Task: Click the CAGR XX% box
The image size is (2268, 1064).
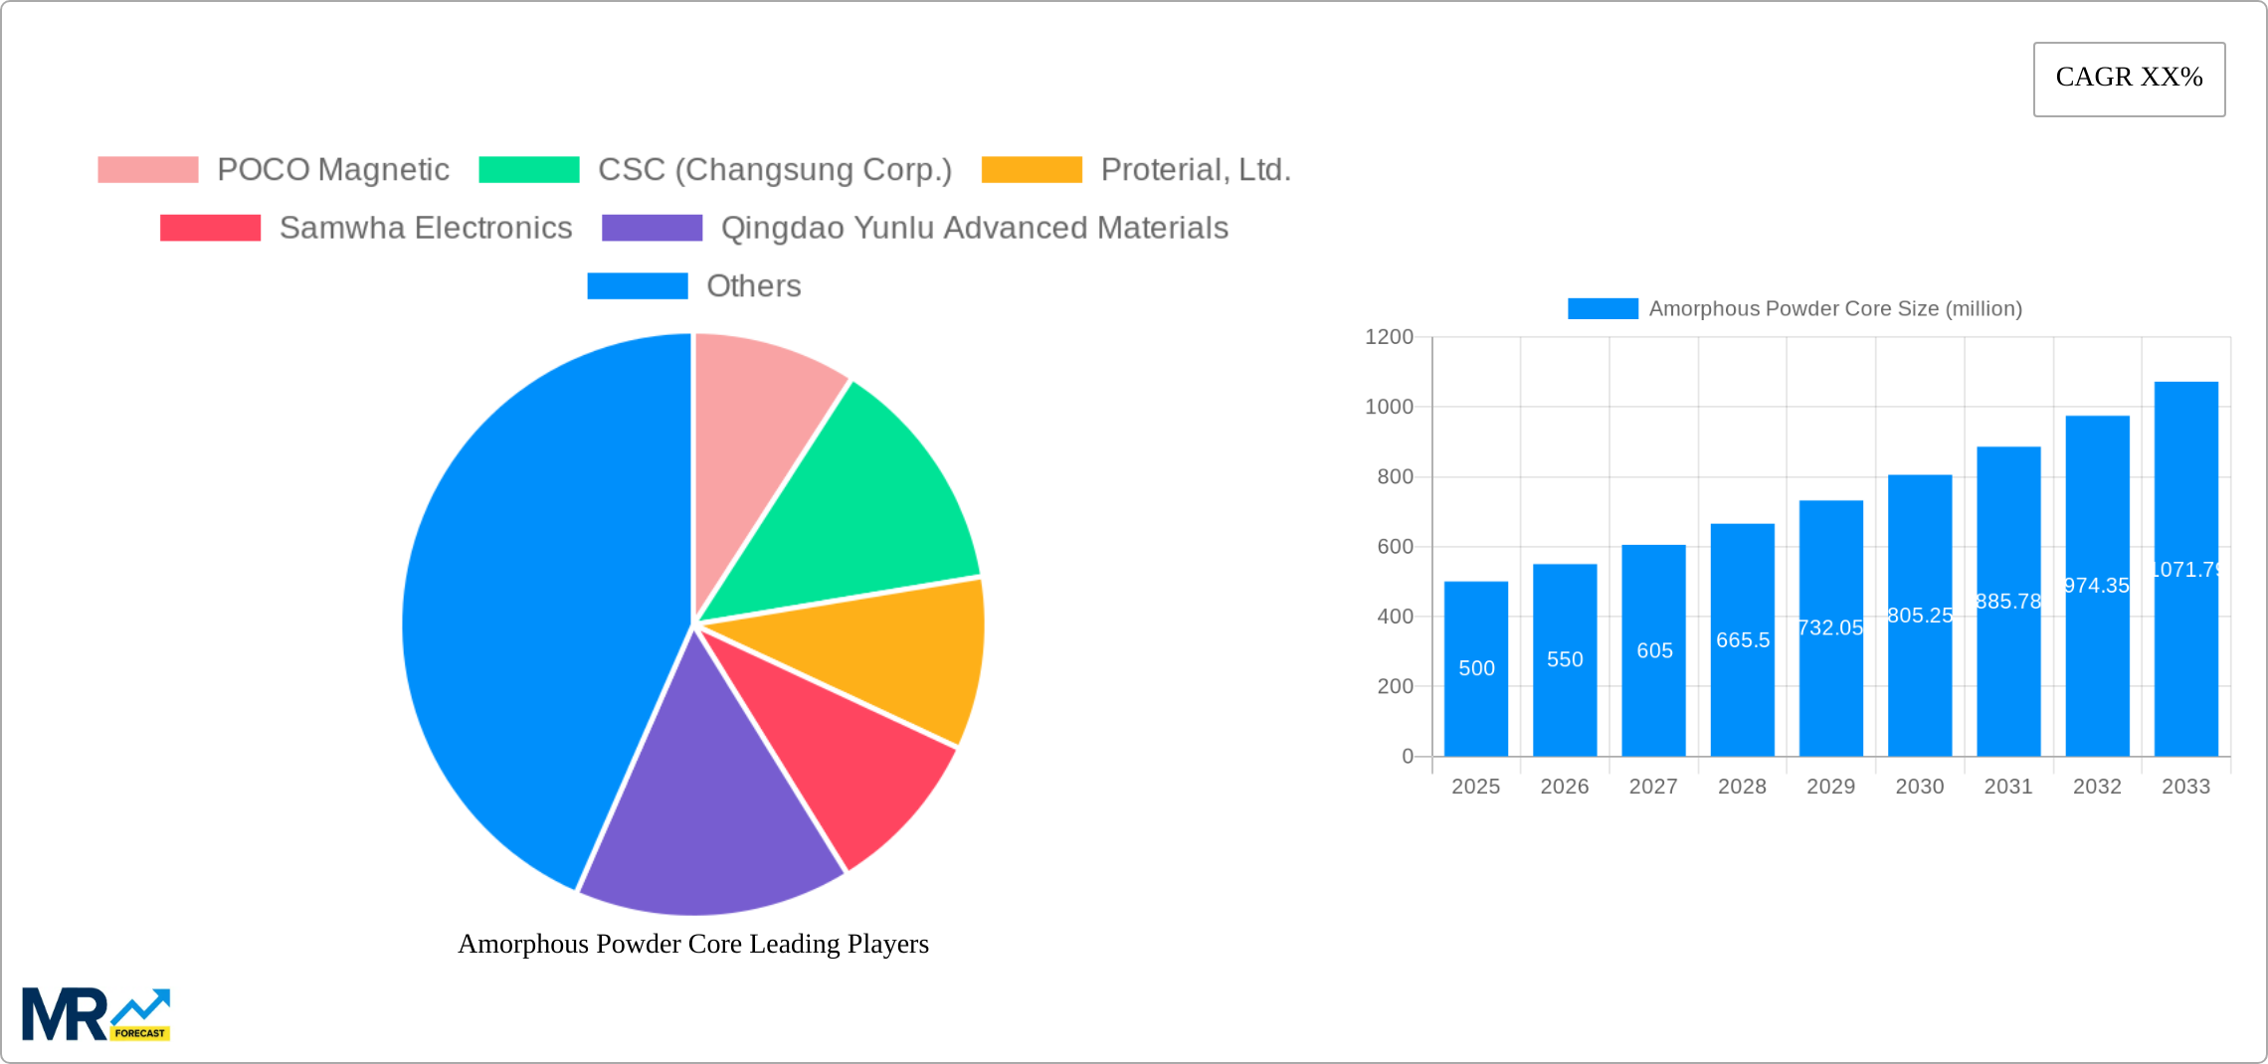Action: click(x=2129, y=79)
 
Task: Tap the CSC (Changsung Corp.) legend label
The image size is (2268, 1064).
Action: click(x=774, y=170)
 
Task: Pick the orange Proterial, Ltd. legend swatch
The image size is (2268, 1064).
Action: click(x=1031, y=170)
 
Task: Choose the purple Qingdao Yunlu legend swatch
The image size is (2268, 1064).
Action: click(x=652, y=228)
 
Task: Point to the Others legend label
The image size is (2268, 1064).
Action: click(x=753, y=286)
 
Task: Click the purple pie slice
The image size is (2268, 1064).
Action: click(x=706, y=825)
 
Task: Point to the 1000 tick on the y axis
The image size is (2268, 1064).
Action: click(x=1389, y=407)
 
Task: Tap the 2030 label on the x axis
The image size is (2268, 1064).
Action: click(x=1920, y=787)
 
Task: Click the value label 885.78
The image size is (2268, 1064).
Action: click(x=2008, y=602)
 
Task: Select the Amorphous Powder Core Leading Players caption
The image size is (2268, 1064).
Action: click(x=693, y=944)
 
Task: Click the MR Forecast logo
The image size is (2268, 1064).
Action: click(x=96, y=1014)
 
